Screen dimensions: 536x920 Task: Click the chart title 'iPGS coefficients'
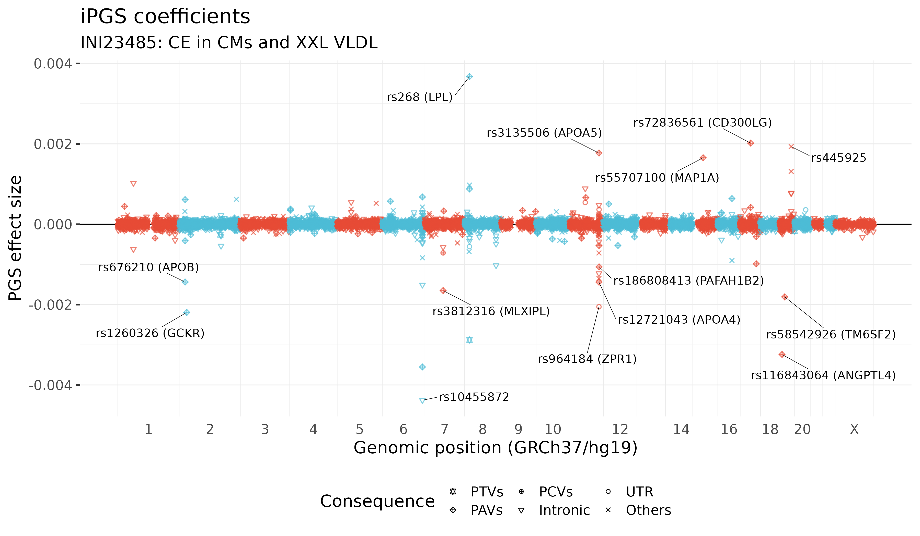point(165,17)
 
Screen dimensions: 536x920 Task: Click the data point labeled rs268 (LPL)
point(469,77)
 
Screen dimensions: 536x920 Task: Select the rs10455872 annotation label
point(474,397)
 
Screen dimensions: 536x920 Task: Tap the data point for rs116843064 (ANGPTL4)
point(782,355)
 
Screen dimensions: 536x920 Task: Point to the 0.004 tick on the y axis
point(53,64)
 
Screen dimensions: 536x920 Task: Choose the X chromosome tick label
point(854,430)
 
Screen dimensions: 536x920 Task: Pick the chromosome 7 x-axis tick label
point(444,430)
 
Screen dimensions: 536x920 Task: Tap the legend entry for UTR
point(639,492)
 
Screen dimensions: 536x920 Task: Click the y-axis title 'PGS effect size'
point(15,238)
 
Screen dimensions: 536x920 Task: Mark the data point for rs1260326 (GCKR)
point(187,312)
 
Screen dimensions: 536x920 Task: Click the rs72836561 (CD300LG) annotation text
point(703,123)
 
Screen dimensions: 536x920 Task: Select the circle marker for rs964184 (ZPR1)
point(599,307)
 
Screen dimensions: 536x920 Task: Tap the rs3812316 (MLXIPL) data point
point(443,291)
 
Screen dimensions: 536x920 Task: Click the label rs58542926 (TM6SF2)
point(831,334)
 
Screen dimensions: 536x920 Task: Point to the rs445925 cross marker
point(791,147)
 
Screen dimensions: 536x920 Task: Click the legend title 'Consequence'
point(377,501)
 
